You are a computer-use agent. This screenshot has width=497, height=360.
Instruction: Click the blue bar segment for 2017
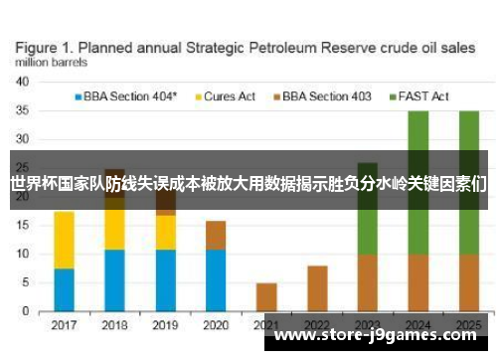click(64, 289)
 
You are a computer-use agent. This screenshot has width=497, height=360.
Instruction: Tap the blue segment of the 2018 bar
click(114, 279)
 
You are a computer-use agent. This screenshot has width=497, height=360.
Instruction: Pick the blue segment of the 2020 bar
click(216, 279)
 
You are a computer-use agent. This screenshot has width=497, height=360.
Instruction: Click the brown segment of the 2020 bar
click(216, 236)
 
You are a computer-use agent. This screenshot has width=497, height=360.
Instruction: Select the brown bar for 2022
click(317, 288)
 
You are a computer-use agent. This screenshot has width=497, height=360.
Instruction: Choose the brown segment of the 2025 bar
click(469, 282)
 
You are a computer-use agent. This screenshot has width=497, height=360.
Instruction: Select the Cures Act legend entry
click(230, 96)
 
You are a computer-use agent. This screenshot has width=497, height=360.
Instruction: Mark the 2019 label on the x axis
click(165, 324)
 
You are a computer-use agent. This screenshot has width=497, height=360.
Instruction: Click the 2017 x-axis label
click(64, 324)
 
